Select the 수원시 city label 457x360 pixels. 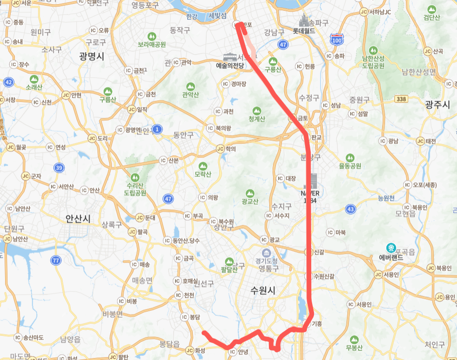pos(263,290)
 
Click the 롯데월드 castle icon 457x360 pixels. pos(304,21)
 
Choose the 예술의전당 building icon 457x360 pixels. pos(230,57)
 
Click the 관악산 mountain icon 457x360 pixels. pos(190,86)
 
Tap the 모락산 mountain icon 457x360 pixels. pos(202,166)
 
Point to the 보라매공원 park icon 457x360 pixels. pos(151,36)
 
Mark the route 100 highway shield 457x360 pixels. pos(337,39)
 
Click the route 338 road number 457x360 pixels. pos(402,99)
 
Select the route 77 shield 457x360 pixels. pos(56,260)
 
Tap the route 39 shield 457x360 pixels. pos(59,168)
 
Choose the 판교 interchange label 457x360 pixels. pos(317,137)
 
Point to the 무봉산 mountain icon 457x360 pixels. pos(354,340)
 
